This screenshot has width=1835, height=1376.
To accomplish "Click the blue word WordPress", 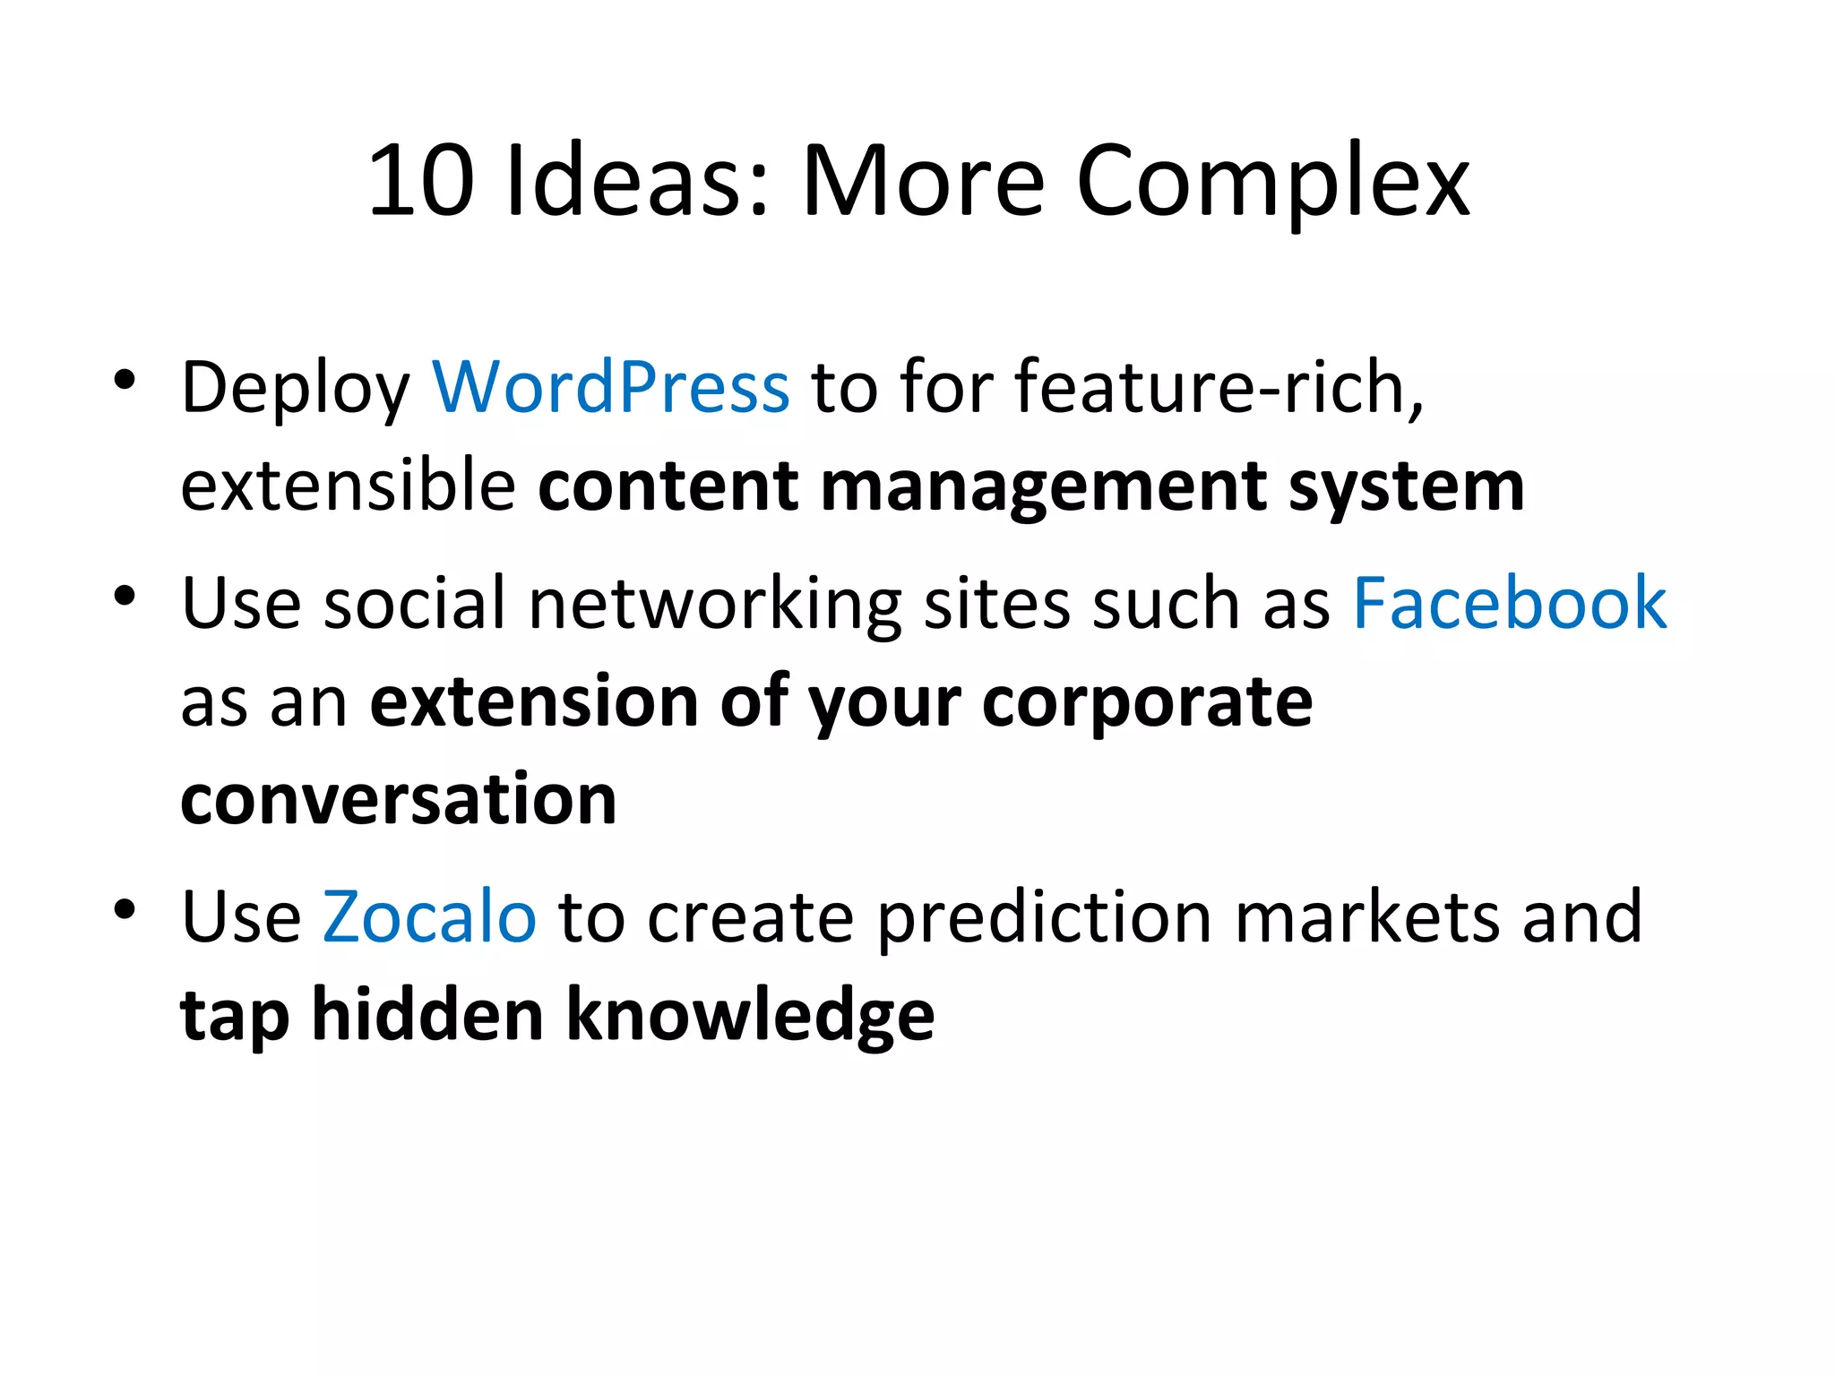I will [x=610, y=387].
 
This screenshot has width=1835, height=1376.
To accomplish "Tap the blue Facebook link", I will [x=1510, y=603].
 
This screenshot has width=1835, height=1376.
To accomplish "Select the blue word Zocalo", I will [x=429, y=916].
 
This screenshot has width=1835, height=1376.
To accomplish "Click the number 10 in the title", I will [x=420, y=181].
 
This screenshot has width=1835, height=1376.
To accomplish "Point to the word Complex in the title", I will [x=1272, y=181].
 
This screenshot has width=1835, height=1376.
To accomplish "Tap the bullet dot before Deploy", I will [x=125, y=380].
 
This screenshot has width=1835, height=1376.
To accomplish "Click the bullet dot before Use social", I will [x=125, y=596].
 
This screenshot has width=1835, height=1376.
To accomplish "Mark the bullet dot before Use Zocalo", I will [x=125, y=909].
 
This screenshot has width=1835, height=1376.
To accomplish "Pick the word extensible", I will [x=348, y=486].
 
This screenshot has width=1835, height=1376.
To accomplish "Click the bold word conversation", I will [x=399, y=799].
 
